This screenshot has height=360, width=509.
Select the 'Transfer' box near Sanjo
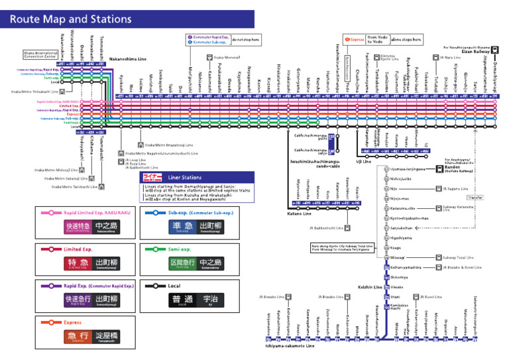point(475,198)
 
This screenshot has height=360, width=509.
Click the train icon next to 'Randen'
point(439,169)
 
